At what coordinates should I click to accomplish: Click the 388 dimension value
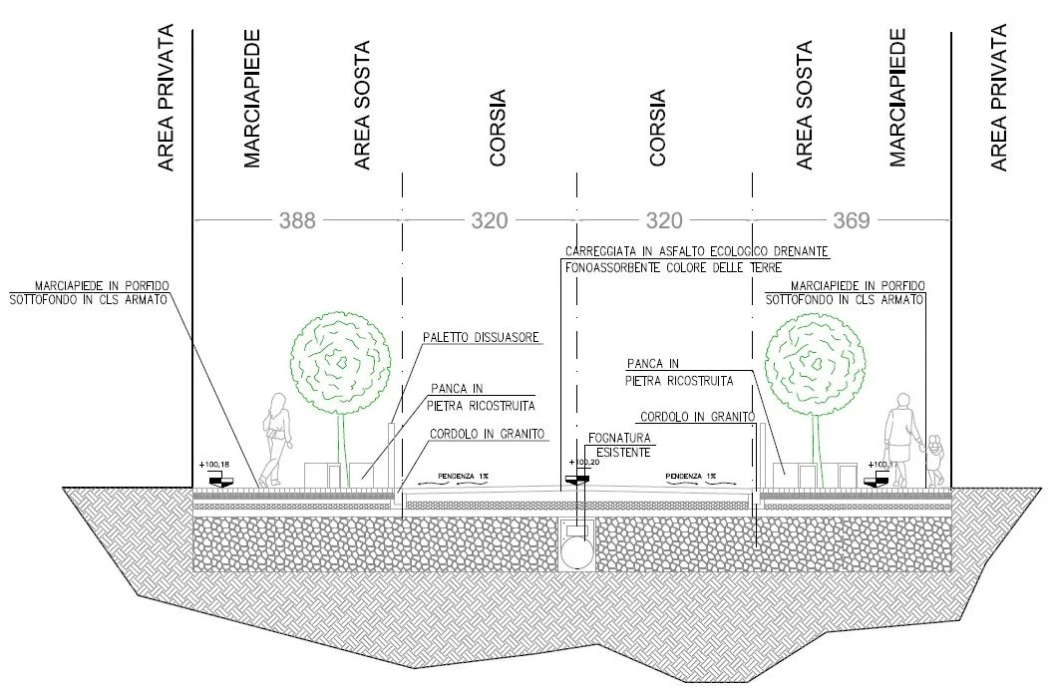(297, 220)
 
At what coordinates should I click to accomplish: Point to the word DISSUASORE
(510, 338)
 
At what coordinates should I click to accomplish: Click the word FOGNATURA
(619, 438)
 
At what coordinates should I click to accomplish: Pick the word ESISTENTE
(624, 452)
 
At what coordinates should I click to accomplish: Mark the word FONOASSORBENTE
(618, 267)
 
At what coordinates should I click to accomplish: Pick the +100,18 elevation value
(214, 465)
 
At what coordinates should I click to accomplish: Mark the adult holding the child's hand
(901, 439)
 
